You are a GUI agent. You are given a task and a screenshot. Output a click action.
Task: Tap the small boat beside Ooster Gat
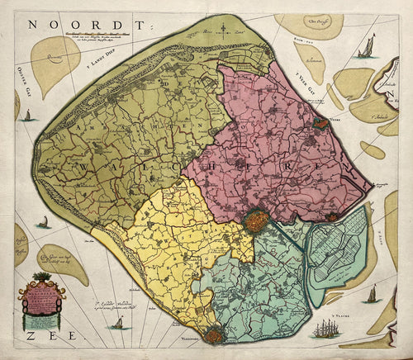click(x=26, y=115)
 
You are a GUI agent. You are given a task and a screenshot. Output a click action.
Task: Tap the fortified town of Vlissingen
click(x=216, y=334)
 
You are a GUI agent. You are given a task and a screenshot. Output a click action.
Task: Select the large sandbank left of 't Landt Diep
click(x=54, y=62)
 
